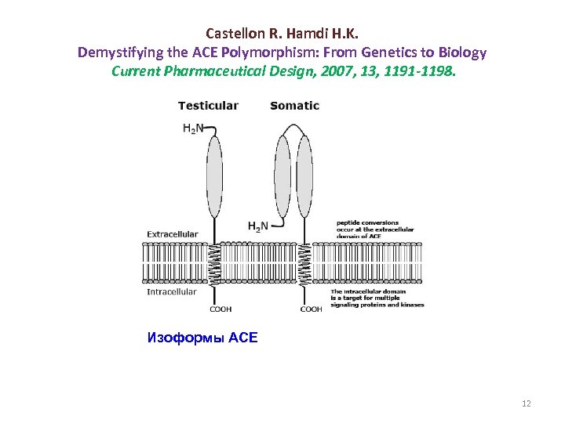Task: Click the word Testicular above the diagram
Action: point(208,106)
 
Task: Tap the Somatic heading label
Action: point(294,106)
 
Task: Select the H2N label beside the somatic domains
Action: point(257,226)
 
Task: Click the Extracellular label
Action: point(173,233)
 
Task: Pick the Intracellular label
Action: point(172,292)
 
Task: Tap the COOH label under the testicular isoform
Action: point(221,309)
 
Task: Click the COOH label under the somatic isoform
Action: point(312,309)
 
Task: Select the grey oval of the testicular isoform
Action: point(214,178)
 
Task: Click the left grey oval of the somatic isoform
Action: point(283,176)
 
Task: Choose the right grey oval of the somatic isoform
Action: point(304,176)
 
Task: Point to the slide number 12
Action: point(526,403)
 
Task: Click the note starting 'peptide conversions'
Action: point(374,229)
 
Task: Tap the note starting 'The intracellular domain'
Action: point(380,298)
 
